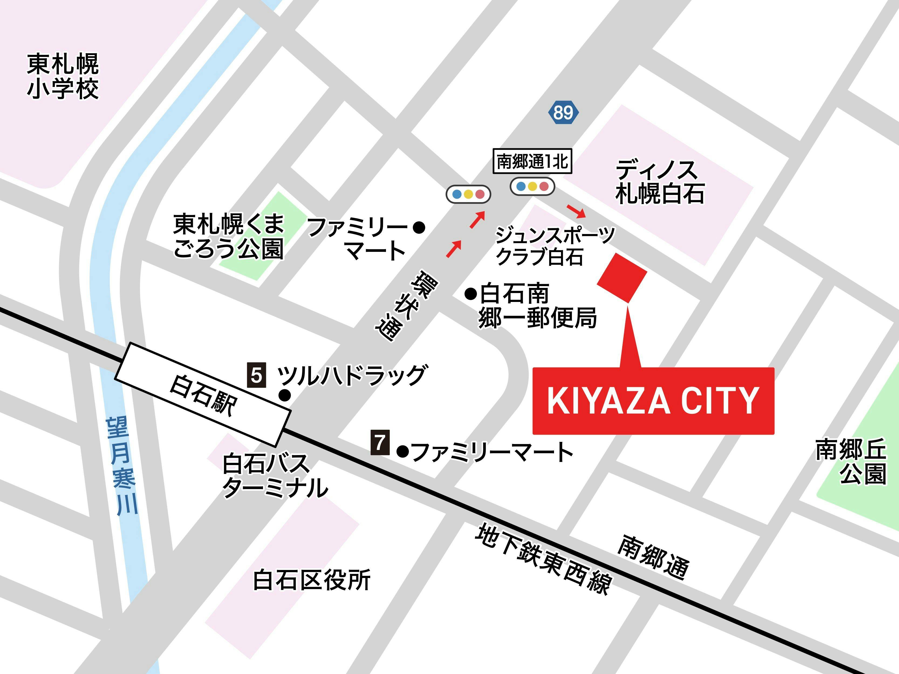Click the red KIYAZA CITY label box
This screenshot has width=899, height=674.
click(653, 401)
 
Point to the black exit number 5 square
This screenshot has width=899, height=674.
click(257, 374)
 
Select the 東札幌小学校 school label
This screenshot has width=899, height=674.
click(63, 76)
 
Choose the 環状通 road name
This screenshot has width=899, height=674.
click(406, 305)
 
